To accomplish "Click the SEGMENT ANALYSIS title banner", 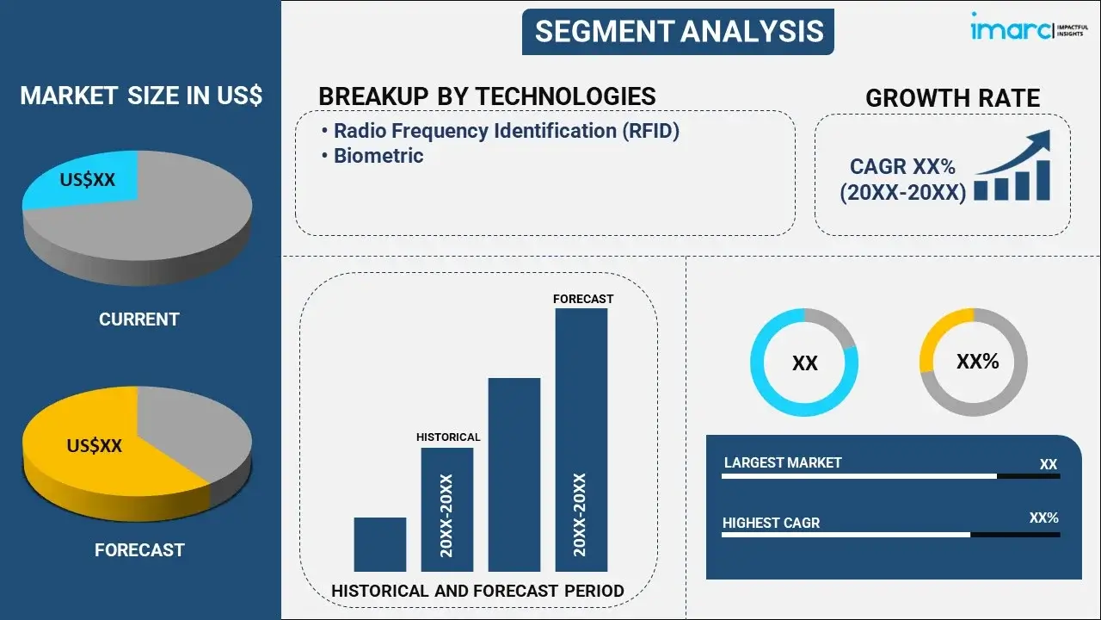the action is [678, 32].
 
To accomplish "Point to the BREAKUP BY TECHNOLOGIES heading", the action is [487, 96].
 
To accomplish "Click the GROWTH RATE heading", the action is [952, 98].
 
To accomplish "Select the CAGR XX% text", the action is [902, 166].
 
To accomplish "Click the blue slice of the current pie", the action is [83, 180].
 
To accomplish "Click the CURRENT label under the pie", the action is [139, 319].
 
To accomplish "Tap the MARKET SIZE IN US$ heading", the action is [141, 96].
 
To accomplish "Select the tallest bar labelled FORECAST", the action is [581, 440].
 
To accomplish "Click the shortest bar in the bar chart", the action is [380, 544].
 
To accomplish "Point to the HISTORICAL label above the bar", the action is [448, 437].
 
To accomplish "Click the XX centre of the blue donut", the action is [804, 363].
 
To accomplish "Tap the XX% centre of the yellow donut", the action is [978, 362].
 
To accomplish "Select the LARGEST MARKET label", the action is [783, 462].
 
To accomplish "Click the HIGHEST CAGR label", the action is [772, 523].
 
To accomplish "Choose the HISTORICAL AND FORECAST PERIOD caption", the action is [477, 591].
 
